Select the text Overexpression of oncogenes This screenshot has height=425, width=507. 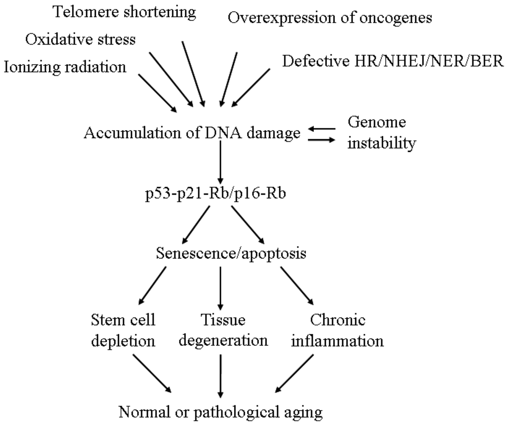pos(330,18)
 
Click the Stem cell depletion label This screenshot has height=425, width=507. pos(123,331)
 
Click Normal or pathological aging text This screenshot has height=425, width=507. pos(219,411)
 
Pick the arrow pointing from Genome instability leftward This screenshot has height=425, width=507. pos(322,128)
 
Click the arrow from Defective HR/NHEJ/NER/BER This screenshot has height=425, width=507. pos(251,87)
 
